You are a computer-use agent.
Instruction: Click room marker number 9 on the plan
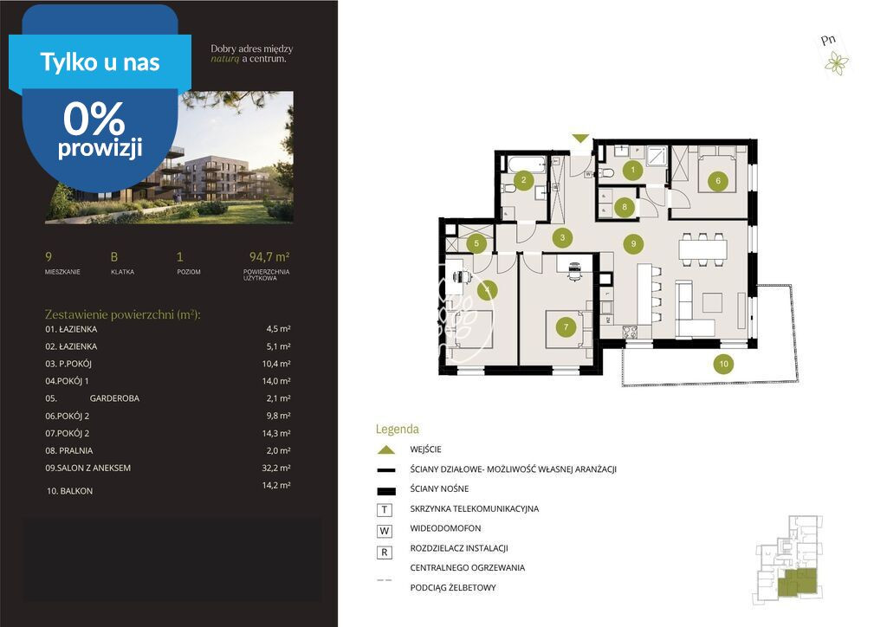click(633, 243)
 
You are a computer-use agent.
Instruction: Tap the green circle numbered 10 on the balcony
click(723, 364)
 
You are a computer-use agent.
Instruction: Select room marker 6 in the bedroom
click(718, 181)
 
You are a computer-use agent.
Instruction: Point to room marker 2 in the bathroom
click(524, 180)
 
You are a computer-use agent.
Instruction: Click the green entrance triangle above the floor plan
click(580, 139)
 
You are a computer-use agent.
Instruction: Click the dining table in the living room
click(702, 249)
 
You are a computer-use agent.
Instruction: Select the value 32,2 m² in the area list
click(276, 469)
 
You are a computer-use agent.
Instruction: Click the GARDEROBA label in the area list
click(114, 398)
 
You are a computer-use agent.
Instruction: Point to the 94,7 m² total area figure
click(269, 256)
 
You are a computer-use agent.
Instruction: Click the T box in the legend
click(385, 510)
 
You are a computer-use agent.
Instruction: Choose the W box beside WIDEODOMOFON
click(385, 531)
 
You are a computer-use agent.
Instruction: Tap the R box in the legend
click(385, 553)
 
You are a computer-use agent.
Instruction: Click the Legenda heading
click(397, 430)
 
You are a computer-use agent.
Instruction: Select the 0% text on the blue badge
click(94, 119)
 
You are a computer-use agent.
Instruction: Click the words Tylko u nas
click(100, 62)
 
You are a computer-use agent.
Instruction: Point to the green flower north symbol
click(836, 62)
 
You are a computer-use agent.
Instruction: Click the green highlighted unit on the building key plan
click(798, 582)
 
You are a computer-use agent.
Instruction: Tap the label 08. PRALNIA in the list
click(69, 450)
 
